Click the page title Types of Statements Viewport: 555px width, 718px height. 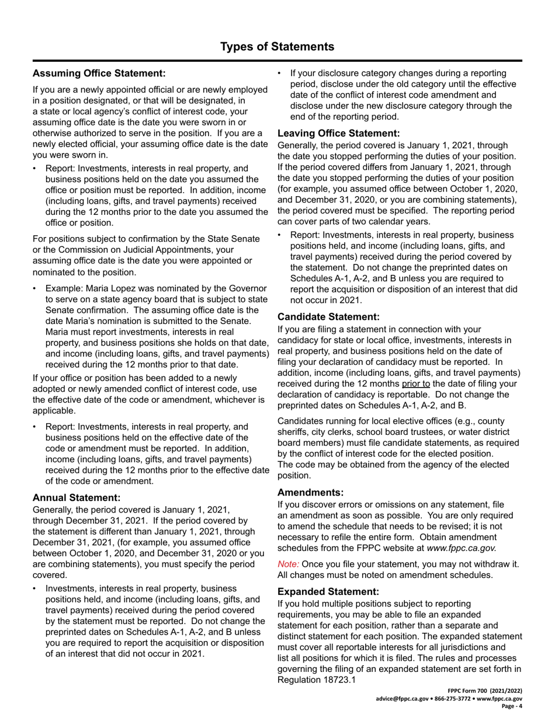277,47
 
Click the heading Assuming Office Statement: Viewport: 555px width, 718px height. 99,74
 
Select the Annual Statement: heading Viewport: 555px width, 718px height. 77,498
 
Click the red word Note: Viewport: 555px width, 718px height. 289,564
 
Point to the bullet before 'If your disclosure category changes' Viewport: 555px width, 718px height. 280,74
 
